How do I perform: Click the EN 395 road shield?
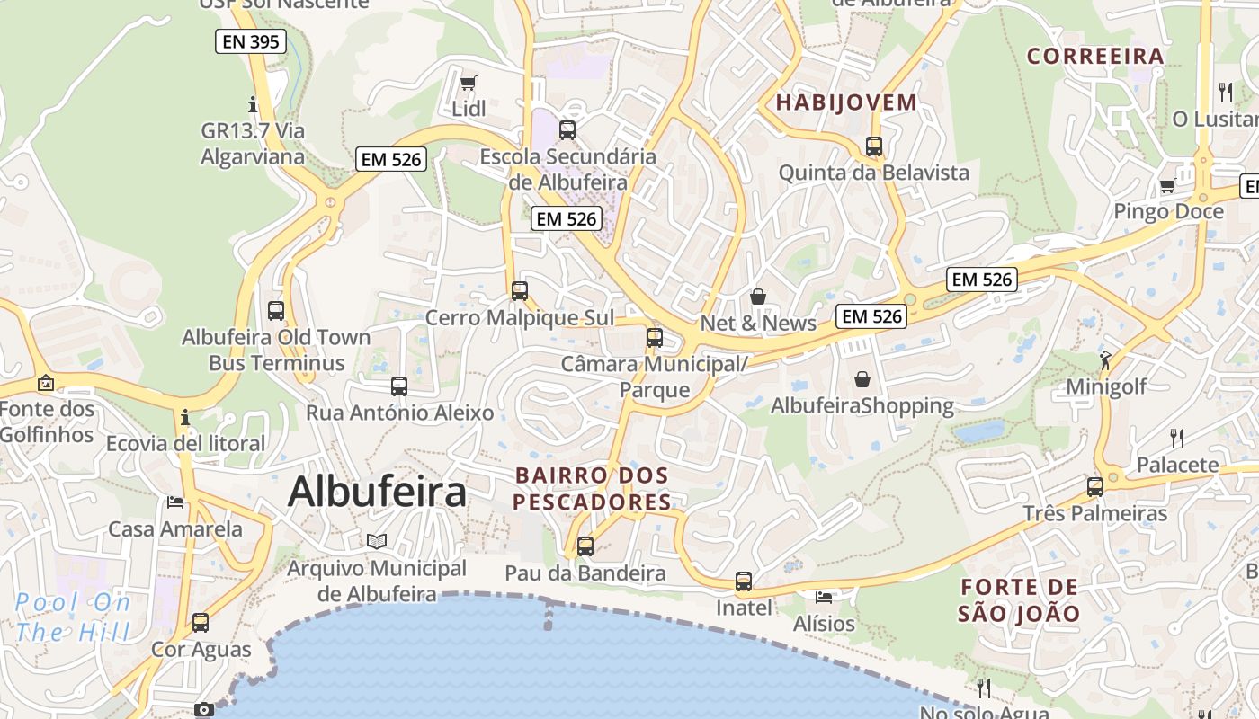[x=251, y=41]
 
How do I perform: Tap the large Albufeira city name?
[x=377, y=492]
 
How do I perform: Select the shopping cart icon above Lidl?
[x=468, y=84]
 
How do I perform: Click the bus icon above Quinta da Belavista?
[x=873, y=146]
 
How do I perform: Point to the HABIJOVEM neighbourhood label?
[x=846, y=102]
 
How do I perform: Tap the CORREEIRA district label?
[x=1095, y=57]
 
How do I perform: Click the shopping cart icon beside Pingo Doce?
[x=1167, y=186]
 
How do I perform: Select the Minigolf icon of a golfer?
[x=1105, y=360]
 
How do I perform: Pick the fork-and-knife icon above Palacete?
[x=1176, y=439]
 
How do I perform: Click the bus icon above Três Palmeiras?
[x=1094, y=487]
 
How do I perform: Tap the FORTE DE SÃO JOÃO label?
[x=1018, y=600]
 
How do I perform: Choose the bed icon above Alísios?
[x=824, y=597]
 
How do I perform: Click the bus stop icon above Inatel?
[x=743, y=581]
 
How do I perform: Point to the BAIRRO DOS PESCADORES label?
[x=592, y=488]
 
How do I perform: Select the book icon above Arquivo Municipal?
[x=377, y=541]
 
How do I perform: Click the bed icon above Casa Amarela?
[x=175, y=502]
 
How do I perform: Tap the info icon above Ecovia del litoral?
[x=185, y=418]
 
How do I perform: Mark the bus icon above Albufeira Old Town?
[x=276, y=311]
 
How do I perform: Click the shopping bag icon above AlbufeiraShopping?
[x=862, y=379]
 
